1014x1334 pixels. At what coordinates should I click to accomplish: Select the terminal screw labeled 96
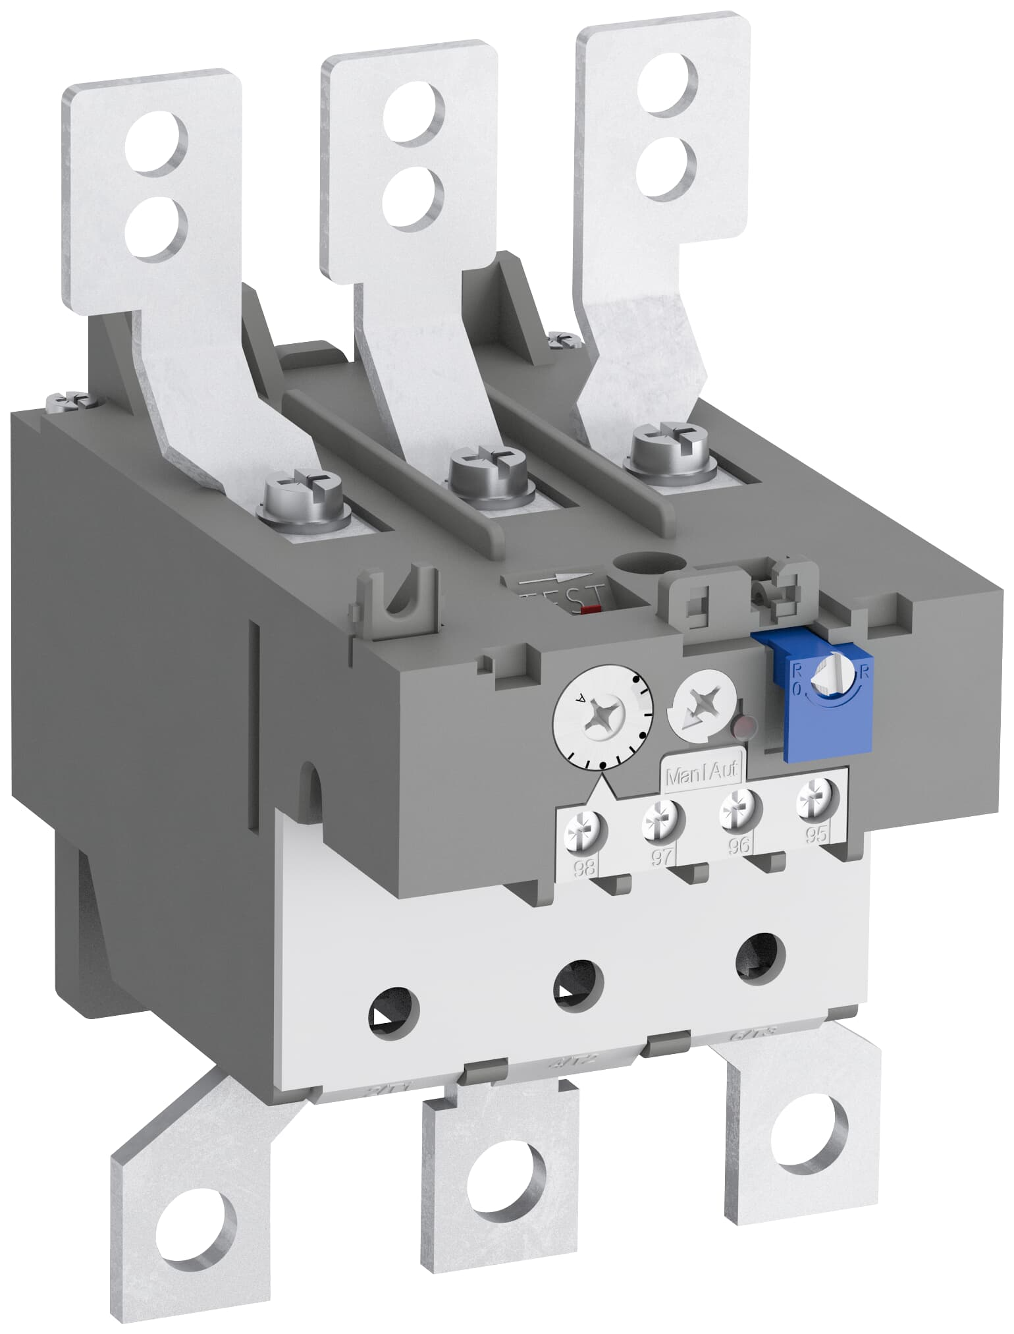740,808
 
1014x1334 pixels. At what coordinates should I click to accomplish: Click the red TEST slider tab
591,609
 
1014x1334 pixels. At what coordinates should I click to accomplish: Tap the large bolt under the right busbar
665,448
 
